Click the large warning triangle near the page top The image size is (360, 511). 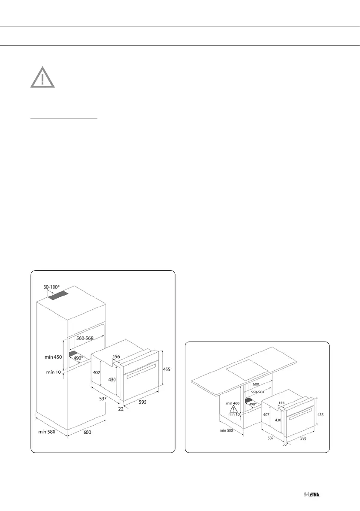point(42,78)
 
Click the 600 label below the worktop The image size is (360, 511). point(256,385)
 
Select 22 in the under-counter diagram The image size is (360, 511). point(284,445)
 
